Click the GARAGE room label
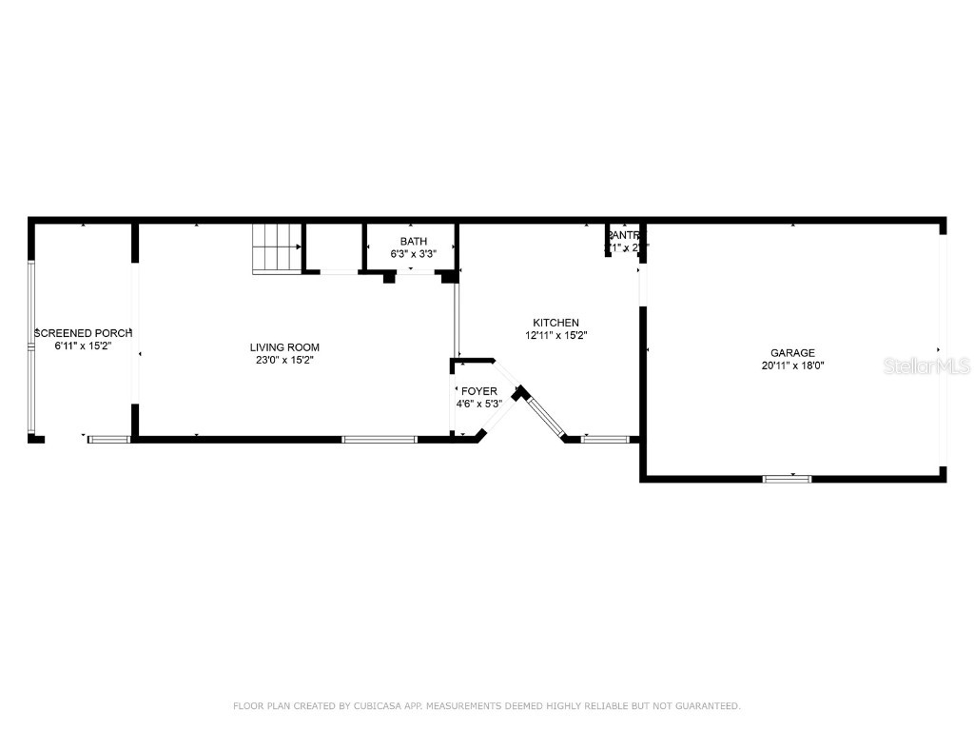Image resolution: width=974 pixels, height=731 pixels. point(792,353)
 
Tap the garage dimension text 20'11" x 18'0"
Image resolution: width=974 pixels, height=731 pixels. point(792,365)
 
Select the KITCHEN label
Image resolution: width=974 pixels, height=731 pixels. point(555,323)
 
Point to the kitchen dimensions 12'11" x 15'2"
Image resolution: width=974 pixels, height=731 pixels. point(555,335)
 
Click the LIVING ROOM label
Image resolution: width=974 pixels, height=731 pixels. point(284,347)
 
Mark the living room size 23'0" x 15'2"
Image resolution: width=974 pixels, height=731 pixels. point(284,361)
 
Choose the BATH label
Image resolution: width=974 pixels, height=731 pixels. point(413,242)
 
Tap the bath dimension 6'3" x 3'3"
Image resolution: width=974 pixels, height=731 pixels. point(413,254)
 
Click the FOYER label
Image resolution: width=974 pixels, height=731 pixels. point(479,391)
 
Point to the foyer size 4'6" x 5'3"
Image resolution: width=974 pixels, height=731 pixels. point(479,404)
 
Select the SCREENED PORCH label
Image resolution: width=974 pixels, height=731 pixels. point(83,333)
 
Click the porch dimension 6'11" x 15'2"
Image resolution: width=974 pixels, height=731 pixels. point(83,346)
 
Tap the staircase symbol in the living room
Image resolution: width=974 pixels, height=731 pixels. point(276,249)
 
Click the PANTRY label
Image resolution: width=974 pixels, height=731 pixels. point(625,235)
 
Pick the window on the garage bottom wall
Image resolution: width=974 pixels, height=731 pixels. point(787,478)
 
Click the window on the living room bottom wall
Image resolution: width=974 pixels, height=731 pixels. point(380,439)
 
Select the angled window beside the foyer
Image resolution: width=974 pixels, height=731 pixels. point(546,415)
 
